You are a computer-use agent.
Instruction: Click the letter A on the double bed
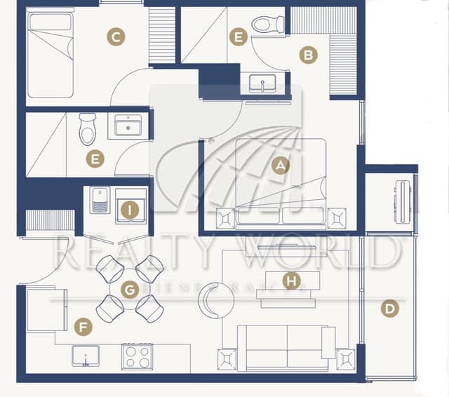click(281, 166)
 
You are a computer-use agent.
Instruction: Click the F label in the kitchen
click(83, 326)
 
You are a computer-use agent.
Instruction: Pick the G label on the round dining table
click(129, 288)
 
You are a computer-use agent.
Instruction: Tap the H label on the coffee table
click(291, 281)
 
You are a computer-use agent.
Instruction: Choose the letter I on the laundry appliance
click(129, 208)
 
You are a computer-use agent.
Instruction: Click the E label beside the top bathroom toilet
click(239, 37)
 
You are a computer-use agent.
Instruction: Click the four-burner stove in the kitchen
click(138, 356)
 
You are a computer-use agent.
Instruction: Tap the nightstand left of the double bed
click(226, 217)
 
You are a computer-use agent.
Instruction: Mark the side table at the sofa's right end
click(346, 359)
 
